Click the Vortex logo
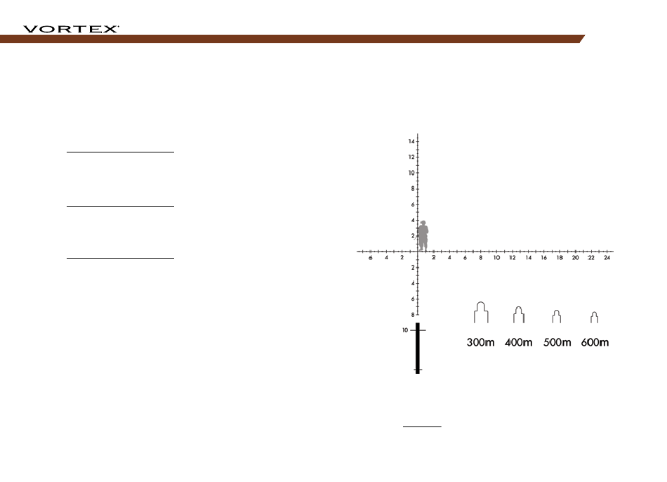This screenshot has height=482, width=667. pyautogui.click(x=71, y=29)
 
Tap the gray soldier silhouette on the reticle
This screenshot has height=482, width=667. pyautogui.click(x=423, y=235)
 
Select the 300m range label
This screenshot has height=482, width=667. pyautogui.click(x=481, y=342)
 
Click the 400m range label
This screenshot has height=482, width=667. pyautogui.click(x=519, y=342)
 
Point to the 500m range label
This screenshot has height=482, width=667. pyautogui.click(x=557, y=342)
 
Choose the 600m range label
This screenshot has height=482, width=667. pyautogui.click(x=595, y=342)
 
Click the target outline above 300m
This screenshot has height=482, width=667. pyautogui.click(x=481, y=312)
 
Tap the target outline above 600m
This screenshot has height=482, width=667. pyautogui.click(x=594, y=317)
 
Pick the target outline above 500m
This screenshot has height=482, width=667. pyautogui.click(x=556, y=316)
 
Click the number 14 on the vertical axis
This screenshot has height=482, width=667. pyautogui.click(x=411, y=141)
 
